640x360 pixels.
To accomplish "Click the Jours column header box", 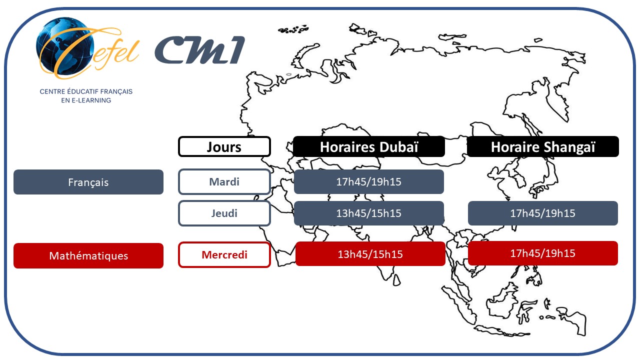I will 224,147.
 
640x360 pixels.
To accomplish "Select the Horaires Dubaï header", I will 369,147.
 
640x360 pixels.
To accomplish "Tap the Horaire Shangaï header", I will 543,147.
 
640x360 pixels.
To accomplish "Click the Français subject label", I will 88,182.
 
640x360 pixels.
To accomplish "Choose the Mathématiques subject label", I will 88,256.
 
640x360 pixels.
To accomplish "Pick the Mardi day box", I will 224,182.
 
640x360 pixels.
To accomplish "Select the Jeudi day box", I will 224,213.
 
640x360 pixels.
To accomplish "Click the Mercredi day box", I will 224,255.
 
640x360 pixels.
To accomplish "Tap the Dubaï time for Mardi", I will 369,182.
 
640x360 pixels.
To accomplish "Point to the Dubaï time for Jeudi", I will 369,213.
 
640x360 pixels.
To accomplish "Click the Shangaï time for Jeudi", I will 543,213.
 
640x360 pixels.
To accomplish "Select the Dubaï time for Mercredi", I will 370,254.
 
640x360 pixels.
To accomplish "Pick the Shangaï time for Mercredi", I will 543,253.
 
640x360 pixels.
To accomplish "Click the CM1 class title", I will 199,50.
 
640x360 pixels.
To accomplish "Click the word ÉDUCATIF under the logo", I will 83,92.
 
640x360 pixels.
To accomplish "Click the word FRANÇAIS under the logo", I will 118,92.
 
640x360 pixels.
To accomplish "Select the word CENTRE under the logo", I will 51,92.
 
